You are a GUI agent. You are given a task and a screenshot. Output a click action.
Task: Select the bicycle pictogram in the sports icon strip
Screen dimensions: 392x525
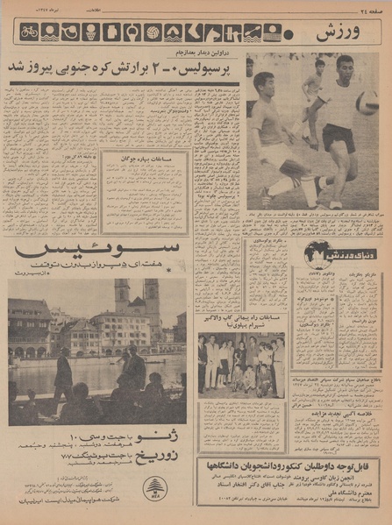point(30,32)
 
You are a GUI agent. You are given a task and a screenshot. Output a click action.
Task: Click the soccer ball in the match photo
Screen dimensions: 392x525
point(367,102)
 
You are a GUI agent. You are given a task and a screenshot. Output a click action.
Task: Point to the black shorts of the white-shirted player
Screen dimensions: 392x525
point(339,136)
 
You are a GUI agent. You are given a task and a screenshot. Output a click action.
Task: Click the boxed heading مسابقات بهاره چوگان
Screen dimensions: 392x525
point(145,160)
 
